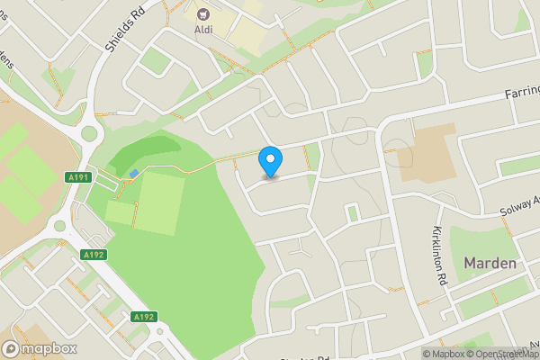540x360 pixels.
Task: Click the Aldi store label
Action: [203, 29]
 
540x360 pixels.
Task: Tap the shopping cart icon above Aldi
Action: [203, 13]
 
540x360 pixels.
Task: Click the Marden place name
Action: [490, 263]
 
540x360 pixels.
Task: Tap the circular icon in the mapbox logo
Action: [12, 348]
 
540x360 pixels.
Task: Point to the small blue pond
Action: [134, 173]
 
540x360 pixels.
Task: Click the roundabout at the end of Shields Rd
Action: [88, 136]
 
